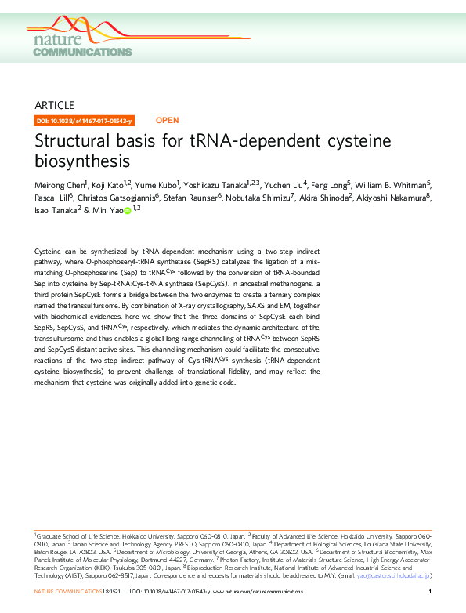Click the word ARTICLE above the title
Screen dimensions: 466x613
tap(55, 105)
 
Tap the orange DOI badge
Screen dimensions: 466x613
tap(85, 121)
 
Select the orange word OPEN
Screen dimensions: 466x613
tap(168, 121)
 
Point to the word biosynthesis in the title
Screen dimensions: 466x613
tap(82, 162)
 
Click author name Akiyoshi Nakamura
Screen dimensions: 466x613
tap(396, 197)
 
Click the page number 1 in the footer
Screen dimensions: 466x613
tap(431, 593)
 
